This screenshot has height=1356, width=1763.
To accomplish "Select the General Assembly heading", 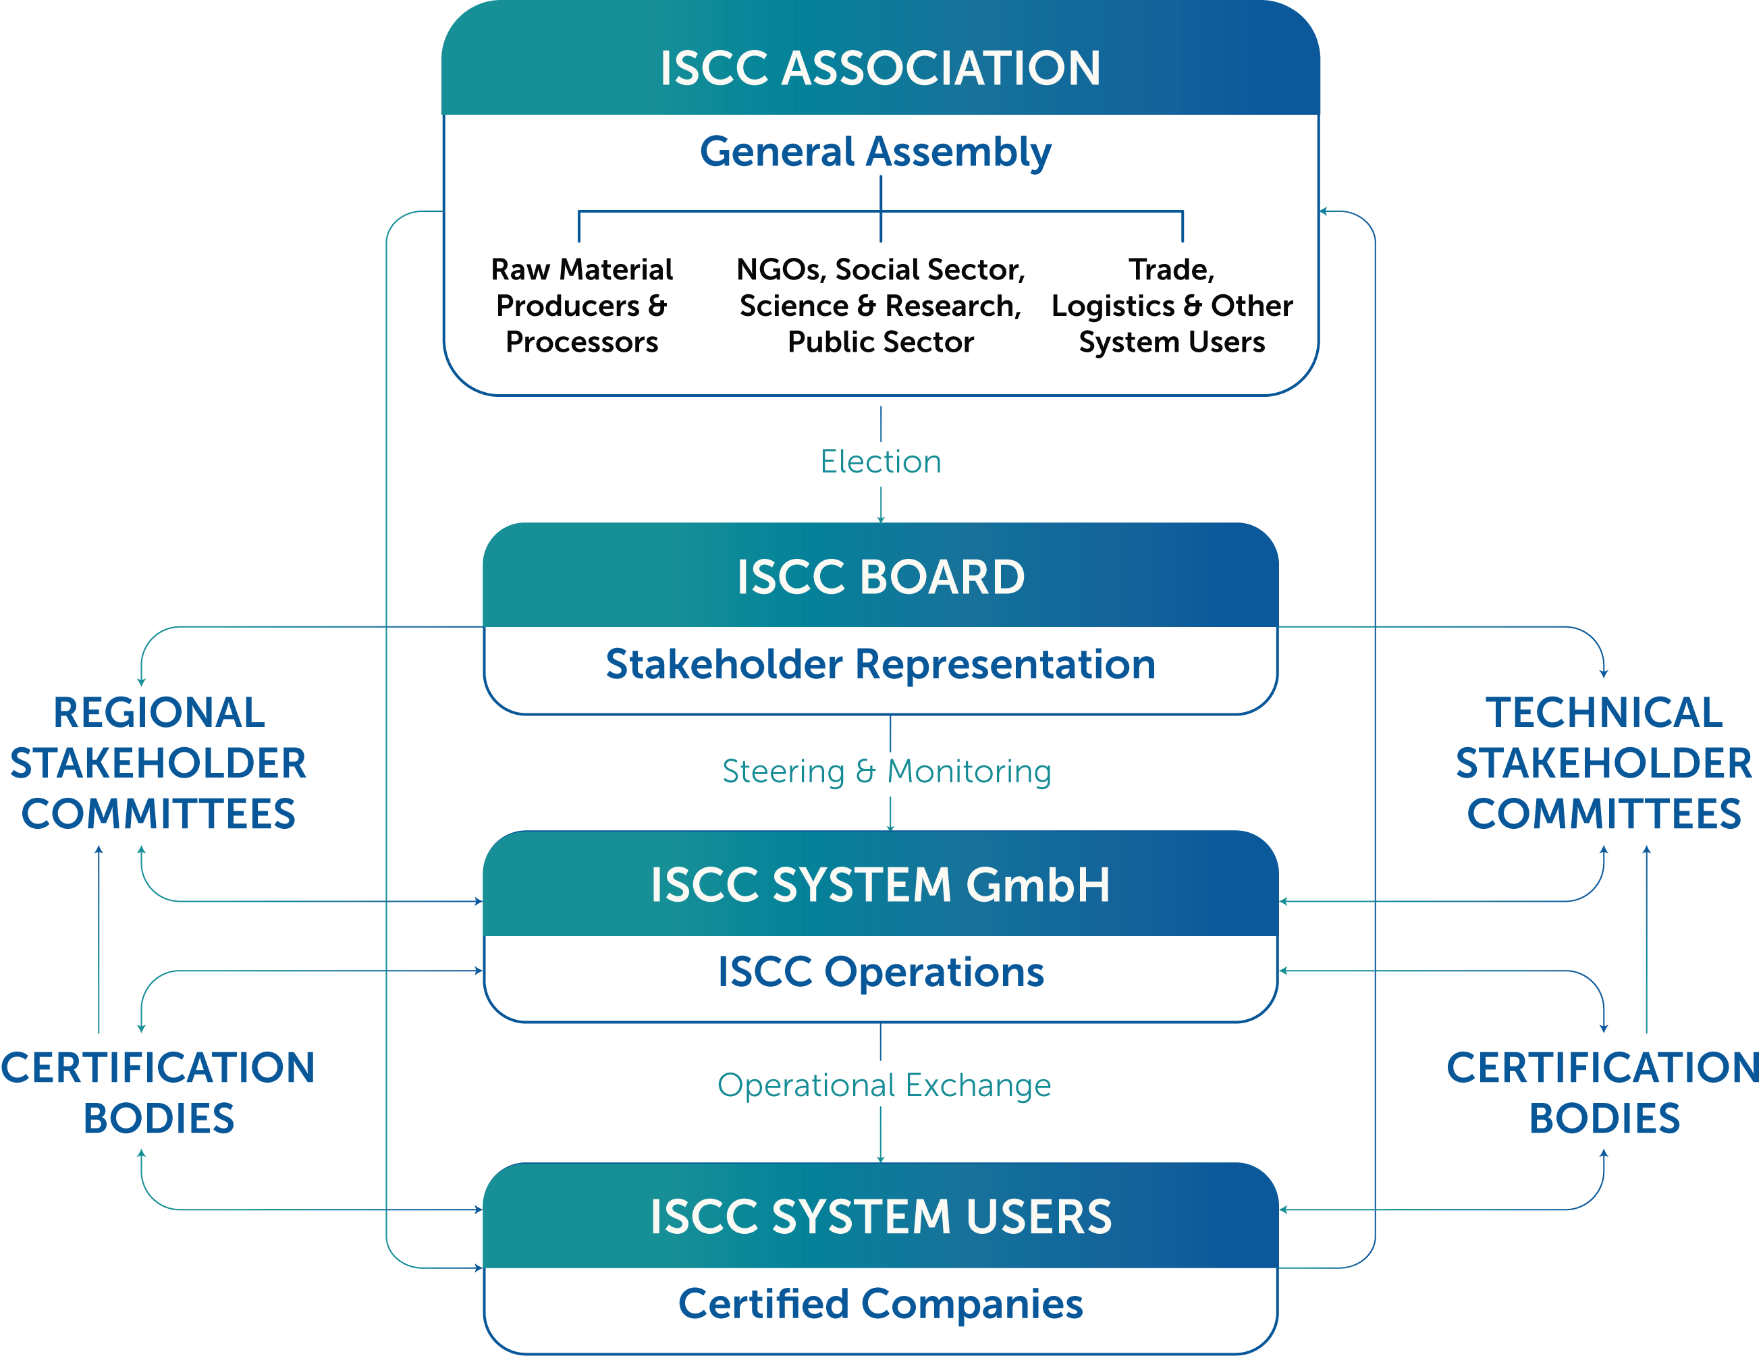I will click(x=876, y=152).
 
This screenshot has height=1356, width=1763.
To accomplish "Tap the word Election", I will click(x=881, y=462).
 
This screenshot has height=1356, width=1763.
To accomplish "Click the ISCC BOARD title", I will click(x=881, y=577).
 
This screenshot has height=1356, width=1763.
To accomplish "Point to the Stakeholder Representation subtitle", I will click(x=881, y=664).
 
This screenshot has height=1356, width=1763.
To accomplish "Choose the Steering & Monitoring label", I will click(x=886, y=771).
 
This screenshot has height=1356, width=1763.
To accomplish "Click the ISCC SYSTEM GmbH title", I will click(x=881, y=885).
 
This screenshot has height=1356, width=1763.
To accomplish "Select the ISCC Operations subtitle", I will click(x=881, y=972).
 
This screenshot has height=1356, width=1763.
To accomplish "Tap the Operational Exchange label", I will click(x=884, y=1085).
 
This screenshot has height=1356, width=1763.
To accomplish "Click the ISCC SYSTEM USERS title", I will click(x=881, y=1216).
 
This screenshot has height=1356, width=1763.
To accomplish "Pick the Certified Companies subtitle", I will click(x=881, y=1303).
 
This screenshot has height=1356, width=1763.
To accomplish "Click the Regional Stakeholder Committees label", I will click(x=158, y=763).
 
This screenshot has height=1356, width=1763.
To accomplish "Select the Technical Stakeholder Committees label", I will click(x=1604, y=763).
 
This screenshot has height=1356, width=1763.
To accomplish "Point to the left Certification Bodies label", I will click(x=158, y=1093).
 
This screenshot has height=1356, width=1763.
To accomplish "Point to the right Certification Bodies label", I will click(x=1604, y=1093).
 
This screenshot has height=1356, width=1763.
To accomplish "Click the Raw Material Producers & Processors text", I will click(x=582, y=306).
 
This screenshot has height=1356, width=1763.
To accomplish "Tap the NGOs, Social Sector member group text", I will click(x=881, y=306).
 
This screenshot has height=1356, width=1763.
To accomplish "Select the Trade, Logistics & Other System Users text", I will click(x=1172, y=306).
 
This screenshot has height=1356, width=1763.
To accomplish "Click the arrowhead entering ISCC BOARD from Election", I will click(x=881, y=519).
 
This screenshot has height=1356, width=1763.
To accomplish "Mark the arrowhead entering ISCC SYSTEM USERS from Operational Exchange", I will click(x=881, y=1159).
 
